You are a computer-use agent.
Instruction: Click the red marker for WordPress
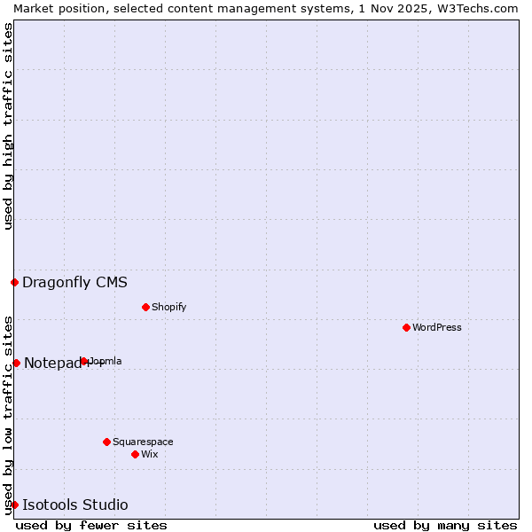point(406,327)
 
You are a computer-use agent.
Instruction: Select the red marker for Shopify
point(145,307)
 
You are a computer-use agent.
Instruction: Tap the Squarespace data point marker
point(106,442)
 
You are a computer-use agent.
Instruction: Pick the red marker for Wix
point(135,454)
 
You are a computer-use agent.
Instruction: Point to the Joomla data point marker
point(84,361)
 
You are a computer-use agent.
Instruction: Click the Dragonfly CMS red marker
point(15,283)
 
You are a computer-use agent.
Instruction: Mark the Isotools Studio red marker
point(15,505)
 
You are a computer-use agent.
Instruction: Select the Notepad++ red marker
point(16,363)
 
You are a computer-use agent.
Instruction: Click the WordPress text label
point(437,327)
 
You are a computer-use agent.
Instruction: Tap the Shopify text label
point(168,307)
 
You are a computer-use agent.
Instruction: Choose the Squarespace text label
point(143,442)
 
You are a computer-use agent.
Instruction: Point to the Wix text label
point(150,454)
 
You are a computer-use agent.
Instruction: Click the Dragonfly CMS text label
point(74,283)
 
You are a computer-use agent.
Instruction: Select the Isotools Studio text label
point(74,505)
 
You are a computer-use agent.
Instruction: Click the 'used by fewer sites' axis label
point(91,525)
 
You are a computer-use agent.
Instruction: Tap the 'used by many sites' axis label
point(445,525)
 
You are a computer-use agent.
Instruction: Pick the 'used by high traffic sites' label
point(8,126)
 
